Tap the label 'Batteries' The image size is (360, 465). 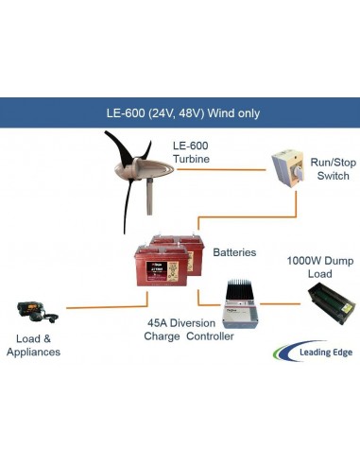click(234, 253)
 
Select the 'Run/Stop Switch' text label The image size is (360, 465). click(333, 169)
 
